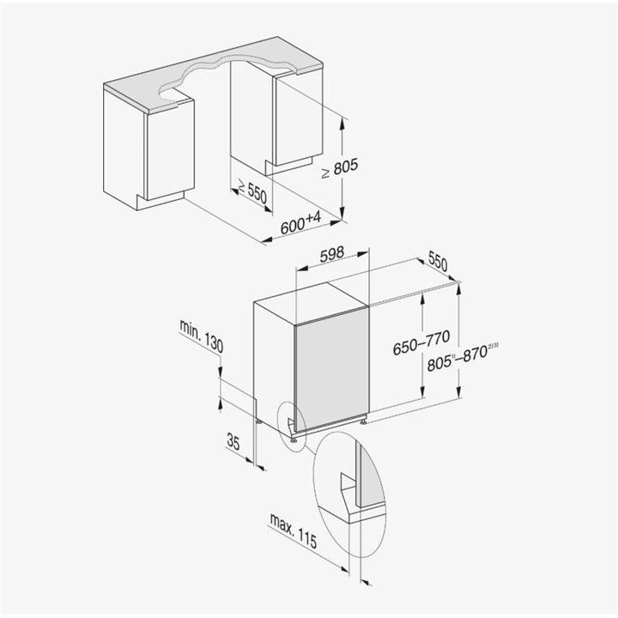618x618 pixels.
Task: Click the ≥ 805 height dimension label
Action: [340, 168]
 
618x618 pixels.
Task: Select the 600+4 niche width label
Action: [301, 223]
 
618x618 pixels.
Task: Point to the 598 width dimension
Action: [332, 254]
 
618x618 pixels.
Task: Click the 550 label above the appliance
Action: [438, 263]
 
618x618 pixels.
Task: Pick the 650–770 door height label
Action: [421, 342]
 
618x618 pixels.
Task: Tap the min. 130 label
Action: [202, 336]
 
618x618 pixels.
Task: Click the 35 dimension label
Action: [233, 441]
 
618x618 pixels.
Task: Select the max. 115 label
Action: [294, 531]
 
